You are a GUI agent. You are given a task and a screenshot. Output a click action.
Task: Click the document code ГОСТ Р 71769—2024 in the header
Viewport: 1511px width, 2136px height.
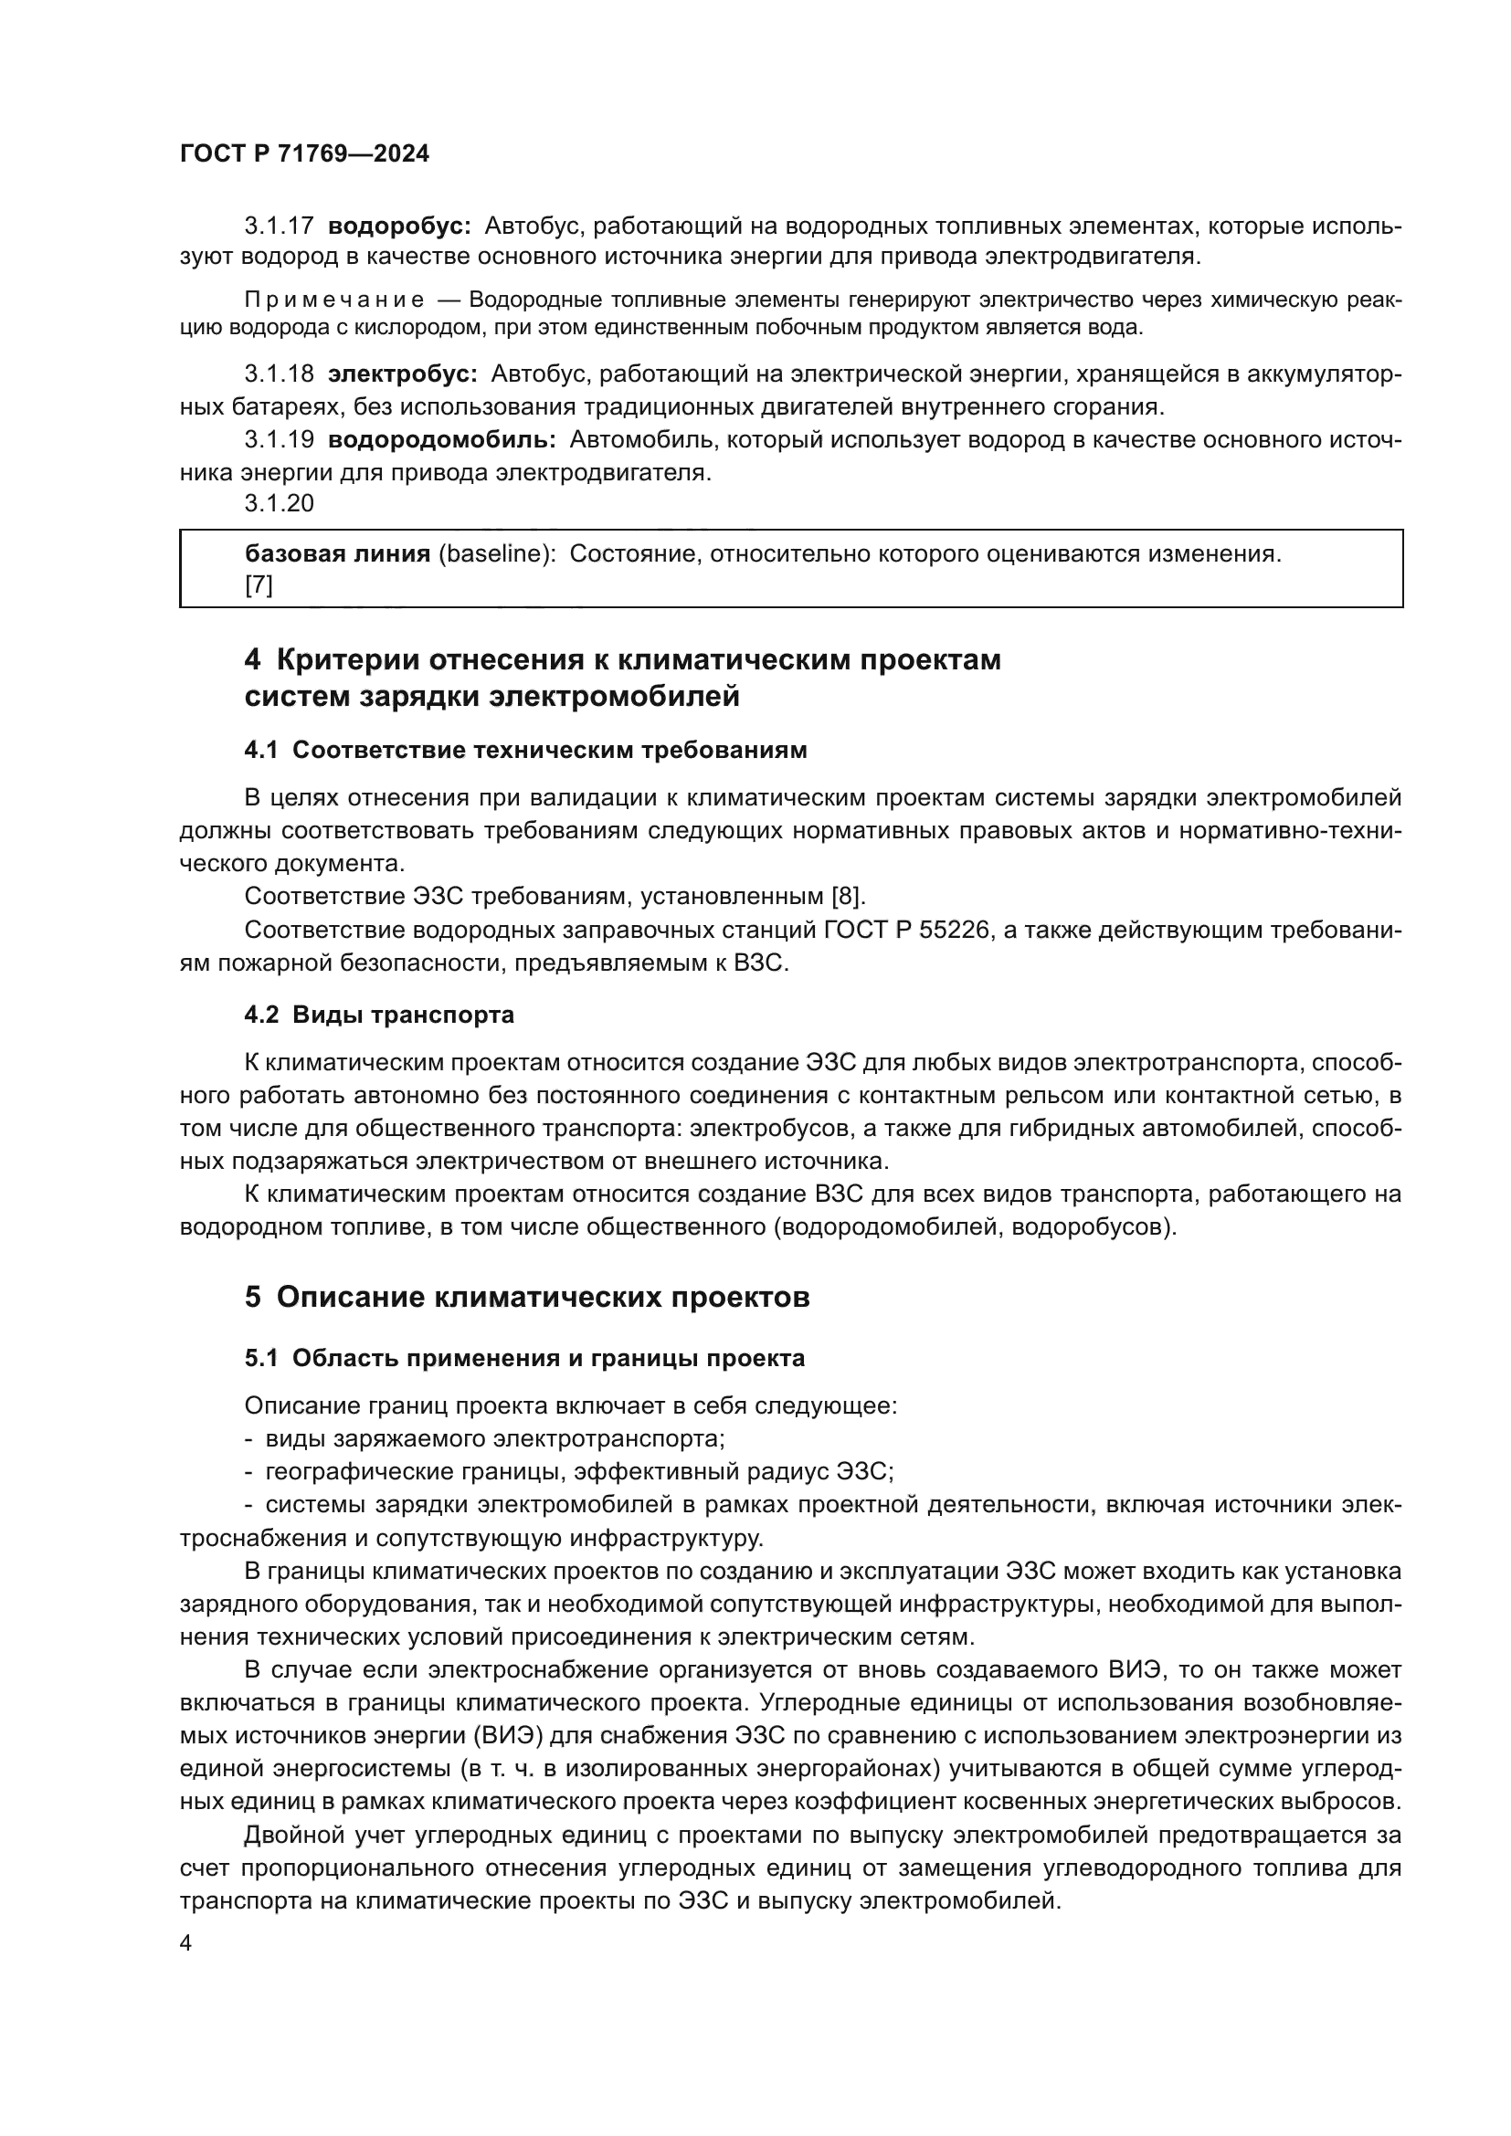point(304,154)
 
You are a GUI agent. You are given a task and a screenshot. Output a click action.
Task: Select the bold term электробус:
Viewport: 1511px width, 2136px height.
point(402,374)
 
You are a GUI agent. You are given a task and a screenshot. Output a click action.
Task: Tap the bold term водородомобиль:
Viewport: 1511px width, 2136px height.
point(442,439)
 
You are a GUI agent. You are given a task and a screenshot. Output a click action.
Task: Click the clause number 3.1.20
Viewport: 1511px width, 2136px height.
point(280,503)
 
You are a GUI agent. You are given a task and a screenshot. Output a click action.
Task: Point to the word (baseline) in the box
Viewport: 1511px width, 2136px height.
point(497,554)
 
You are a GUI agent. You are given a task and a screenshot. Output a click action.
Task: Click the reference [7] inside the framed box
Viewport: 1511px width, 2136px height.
point(259,585)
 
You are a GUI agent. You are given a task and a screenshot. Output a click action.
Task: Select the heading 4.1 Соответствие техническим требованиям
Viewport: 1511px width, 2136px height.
point(525,751)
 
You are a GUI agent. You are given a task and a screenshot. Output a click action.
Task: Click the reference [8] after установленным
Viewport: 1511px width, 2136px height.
point(848,896)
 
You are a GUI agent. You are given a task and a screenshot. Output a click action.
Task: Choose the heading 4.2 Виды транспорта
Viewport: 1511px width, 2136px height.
point(379,1015)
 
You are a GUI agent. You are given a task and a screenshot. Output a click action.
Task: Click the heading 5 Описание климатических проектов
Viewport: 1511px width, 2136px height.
point(526,1297)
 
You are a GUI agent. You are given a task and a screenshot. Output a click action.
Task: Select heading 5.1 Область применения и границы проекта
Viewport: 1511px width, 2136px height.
point(524,1358)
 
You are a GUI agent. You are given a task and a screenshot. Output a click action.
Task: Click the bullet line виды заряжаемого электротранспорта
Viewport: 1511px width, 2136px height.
point(494,1438)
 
